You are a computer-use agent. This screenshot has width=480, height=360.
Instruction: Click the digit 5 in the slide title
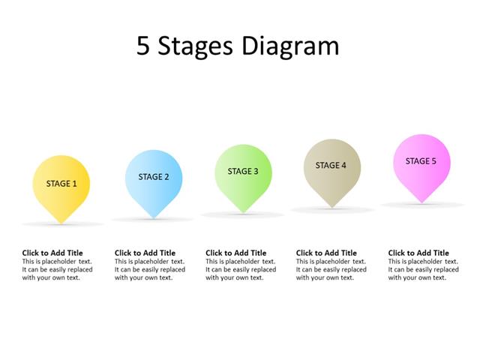pos(143,46)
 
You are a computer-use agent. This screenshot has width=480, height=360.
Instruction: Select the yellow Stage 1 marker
pos(61,184)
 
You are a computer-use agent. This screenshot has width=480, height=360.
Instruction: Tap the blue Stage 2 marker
pos(153,178)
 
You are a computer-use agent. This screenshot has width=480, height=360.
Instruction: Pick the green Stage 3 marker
pos(243,172)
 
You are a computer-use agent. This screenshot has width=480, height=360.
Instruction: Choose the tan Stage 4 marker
pos(331,166)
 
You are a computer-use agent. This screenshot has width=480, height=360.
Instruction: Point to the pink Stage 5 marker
pos(421,162)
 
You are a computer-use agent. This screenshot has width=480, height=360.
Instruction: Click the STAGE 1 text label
pos(61,184)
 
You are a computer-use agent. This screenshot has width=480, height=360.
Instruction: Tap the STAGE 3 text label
pos(243,171)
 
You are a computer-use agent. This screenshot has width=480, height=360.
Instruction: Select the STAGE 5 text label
pos(421,160)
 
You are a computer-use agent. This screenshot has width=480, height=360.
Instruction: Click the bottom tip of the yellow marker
pos(61,222)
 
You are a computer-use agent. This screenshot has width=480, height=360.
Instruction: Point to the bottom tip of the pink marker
pos(422,202)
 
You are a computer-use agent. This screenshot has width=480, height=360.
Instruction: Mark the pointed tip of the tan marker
pos(331,208)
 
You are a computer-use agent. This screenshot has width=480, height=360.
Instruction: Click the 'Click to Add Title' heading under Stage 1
pos(52,253)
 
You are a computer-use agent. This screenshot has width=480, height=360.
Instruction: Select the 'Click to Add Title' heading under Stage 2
pos(145,253)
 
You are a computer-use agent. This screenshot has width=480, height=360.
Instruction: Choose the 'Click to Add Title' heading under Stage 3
pos(235,253)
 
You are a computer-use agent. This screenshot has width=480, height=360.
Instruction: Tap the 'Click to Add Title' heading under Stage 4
pos(326,253)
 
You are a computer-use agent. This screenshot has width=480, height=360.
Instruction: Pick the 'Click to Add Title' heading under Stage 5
pos(418,253)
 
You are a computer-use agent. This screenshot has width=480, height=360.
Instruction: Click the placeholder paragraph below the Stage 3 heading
pos(241,269)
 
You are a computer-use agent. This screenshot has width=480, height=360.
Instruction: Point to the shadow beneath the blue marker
pos(153,220)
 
